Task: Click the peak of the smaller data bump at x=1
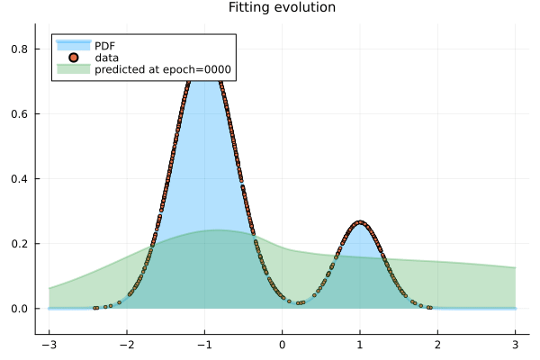pyautogui.click(x=360, y=222)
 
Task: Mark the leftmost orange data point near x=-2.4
pyautogui.click(x=94, y=308)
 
